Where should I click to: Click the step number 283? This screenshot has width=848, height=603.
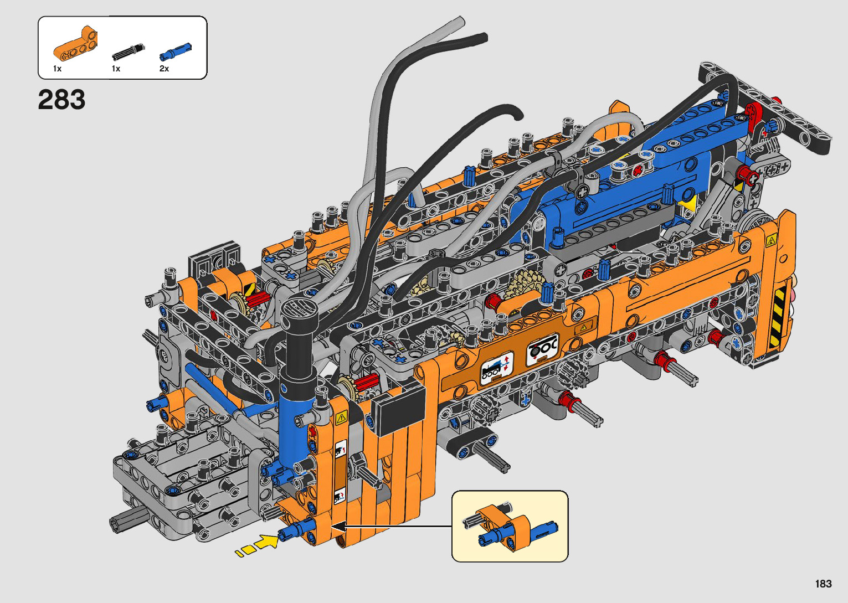tap(61, 100)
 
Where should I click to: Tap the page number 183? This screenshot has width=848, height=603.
tap(824, 584)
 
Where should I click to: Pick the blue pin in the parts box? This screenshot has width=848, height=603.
tap(175, 52)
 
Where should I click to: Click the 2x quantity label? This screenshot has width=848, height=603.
tap(164, 69)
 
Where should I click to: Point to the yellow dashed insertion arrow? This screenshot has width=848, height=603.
tap(258, 545)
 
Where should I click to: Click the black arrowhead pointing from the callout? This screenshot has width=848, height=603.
tap(338, 526)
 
